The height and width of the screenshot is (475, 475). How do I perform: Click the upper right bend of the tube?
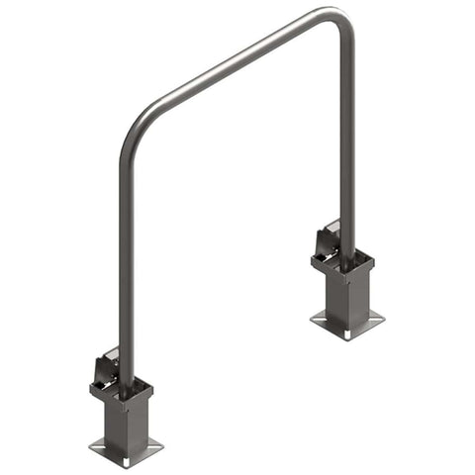(x=342, y=21)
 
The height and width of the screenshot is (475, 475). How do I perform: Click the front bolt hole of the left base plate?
(x=128, y=460)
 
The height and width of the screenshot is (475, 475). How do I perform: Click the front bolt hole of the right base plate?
(x=348, y=333)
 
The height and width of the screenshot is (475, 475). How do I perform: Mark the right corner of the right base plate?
(x=383, y=319)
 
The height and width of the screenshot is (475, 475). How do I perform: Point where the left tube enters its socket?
(x=125, y=387)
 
